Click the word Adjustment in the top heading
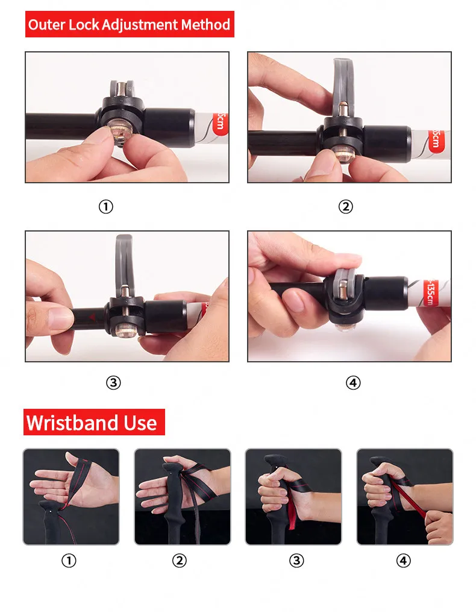point(139,25)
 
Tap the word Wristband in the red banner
point(72,423)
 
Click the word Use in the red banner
point(140,423)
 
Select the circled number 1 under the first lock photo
point(105,206)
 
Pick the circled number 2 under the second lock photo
point(345,206)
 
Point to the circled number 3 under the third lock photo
point(113,382)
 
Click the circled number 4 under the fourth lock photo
point(353,382)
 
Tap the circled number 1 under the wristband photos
point(69,561)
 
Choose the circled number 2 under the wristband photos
point(179,561)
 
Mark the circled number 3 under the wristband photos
point(296,561)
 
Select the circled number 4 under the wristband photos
point(404,561)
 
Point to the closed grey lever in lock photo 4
point(346,287)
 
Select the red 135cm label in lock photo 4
point(430,292)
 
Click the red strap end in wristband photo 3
point(292,514)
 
